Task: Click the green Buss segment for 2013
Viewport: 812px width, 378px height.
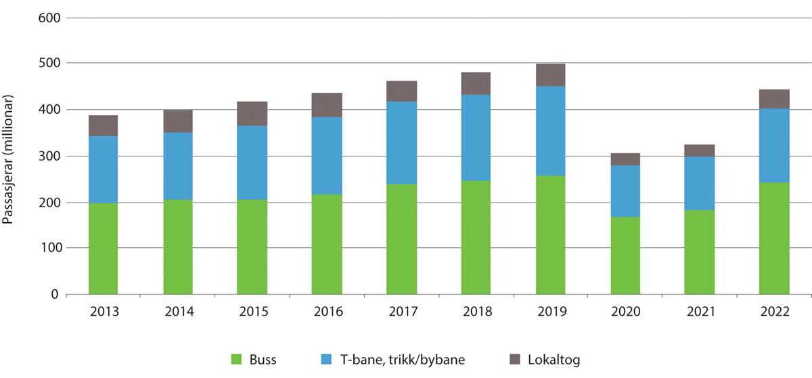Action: (x=103, y=249)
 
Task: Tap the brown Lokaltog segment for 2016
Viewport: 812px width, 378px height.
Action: (x=327, y=105)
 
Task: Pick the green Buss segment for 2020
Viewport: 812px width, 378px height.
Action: (x=625, y=255)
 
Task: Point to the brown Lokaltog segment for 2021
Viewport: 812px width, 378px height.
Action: (x=700, y=150)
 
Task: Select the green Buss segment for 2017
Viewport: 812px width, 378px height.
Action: (x=401, y=239)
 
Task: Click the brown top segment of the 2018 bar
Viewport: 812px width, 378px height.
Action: (x=476, y=83)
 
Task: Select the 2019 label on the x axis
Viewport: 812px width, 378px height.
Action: (x=550, y=312)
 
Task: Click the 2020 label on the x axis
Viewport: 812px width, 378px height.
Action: (x=625, y=312)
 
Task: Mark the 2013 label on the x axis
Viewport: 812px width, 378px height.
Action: (x=103, y=312)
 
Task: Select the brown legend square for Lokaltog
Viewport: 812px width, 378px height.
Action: (x=515, y=359)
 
